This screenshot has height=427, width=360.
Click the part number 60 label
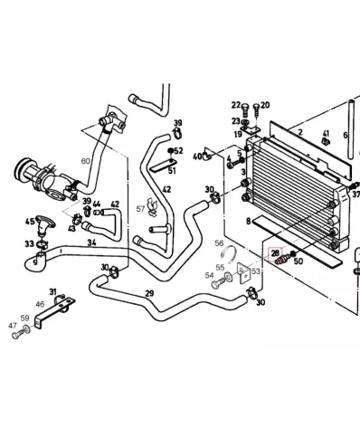(86, 160)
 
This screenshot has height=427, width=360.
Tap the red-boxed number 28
(276, 253)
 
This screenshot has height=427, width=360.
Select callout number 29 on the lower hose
(148, 294)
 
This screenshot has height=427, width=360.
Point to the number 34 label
(91, 242)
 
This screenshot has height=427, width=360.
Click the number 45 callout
(29, 222)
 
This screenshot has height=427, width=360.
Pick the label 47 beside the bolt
(12, 326)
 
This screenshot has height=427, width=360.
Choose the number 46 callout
(40, 305)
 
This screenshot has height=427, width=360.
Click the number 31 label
(53, 291)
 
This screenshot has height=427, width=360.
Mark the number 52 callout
(178, 151)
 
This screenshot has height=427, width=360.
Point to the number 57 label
(140, 209)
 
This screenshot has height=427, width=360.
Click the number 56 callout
(219, 243)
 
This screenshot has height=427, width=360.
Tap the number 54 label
(209, 275)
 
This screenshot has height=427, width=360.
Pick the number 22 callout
(236, 105)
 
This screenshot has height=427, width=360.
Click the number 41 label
(326, 134)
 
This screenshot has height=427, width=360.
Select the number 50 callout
(298, 261)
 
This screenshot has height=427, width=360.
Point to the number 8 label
(247, 220)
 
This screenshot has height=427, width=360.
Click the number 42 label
(115, 204)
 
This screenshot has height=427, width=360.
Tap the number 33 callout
(29, 243)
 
